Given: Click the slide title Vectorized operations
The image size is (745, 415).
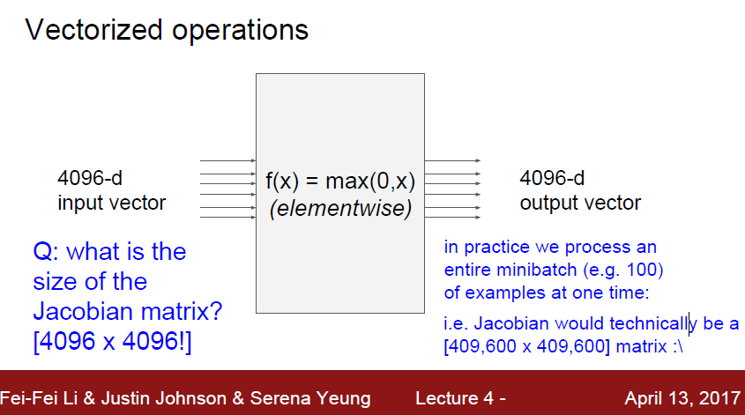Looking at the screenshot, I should click(167, 30).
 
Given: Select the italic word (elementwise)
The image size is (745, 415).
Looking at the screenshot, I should click(339, 211).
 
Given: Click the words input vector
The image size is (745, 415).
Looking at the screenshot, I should click(111, 204).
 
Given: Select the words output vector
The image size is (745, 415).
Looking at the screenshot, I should click(579, 204).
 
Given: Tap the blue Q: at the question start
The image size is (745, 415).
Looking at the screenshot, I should click(47, 253).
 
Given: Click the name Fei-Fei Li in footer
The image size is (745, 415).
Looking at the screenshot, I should click(41, 398).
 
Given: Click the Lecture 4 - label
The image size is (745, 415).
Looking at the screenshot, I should click(460, 398).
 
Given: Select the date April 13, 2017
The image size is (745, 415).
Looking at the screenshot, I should click(679, 398).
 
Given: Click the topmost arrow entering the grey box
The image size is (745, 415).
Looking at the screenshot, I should click(228, 161).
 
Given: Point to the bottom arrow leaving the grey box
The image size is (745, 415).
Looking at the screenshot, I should click(452, 216).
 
